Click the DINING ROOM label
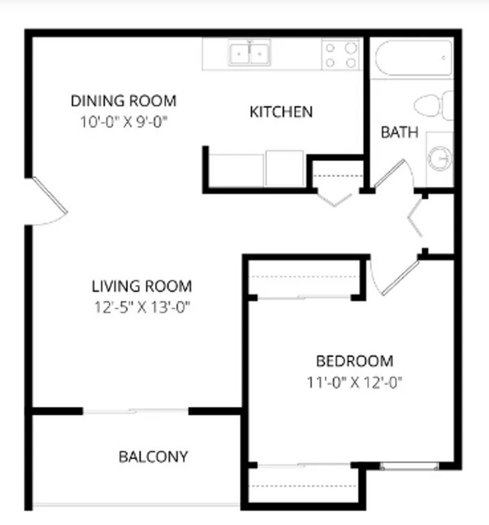click(x=123, y=100)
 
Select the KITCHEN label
click(x=281, y=113)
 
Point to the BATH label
click(x=399, y=133)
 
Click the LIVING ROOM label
click(x=141, y=287)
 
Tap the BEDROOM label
click(x=354, y=361)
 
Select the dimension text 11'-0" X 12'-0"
click(x=354, y=381)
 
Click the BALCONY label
click(x=153, y=457)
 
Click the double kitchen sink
click(x=251, y=53)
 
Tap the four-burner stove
click(x=340, y=55)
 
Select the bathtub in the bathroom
click(x=413, y=57)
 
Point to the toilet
click(x=434, y=106)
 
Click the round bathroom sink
click(x=439, y=159)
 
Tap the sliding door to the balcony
click(x=135, y=411)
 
